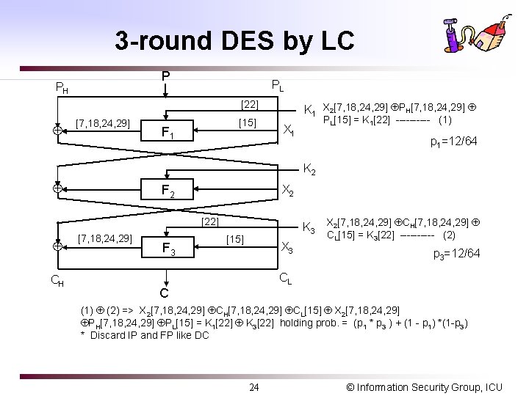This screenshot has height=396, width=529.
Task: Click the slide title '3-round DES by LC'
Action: point(234,41)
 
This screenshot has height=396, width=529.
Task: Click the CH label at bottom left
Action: point(57,279)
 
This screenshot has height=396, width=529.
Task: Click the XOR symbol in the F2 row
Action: point(57,188)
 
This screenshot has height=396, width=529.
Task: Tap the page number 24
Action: point(253,386)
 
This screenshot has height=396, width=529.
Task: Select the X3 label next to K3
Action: point(288,247)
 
